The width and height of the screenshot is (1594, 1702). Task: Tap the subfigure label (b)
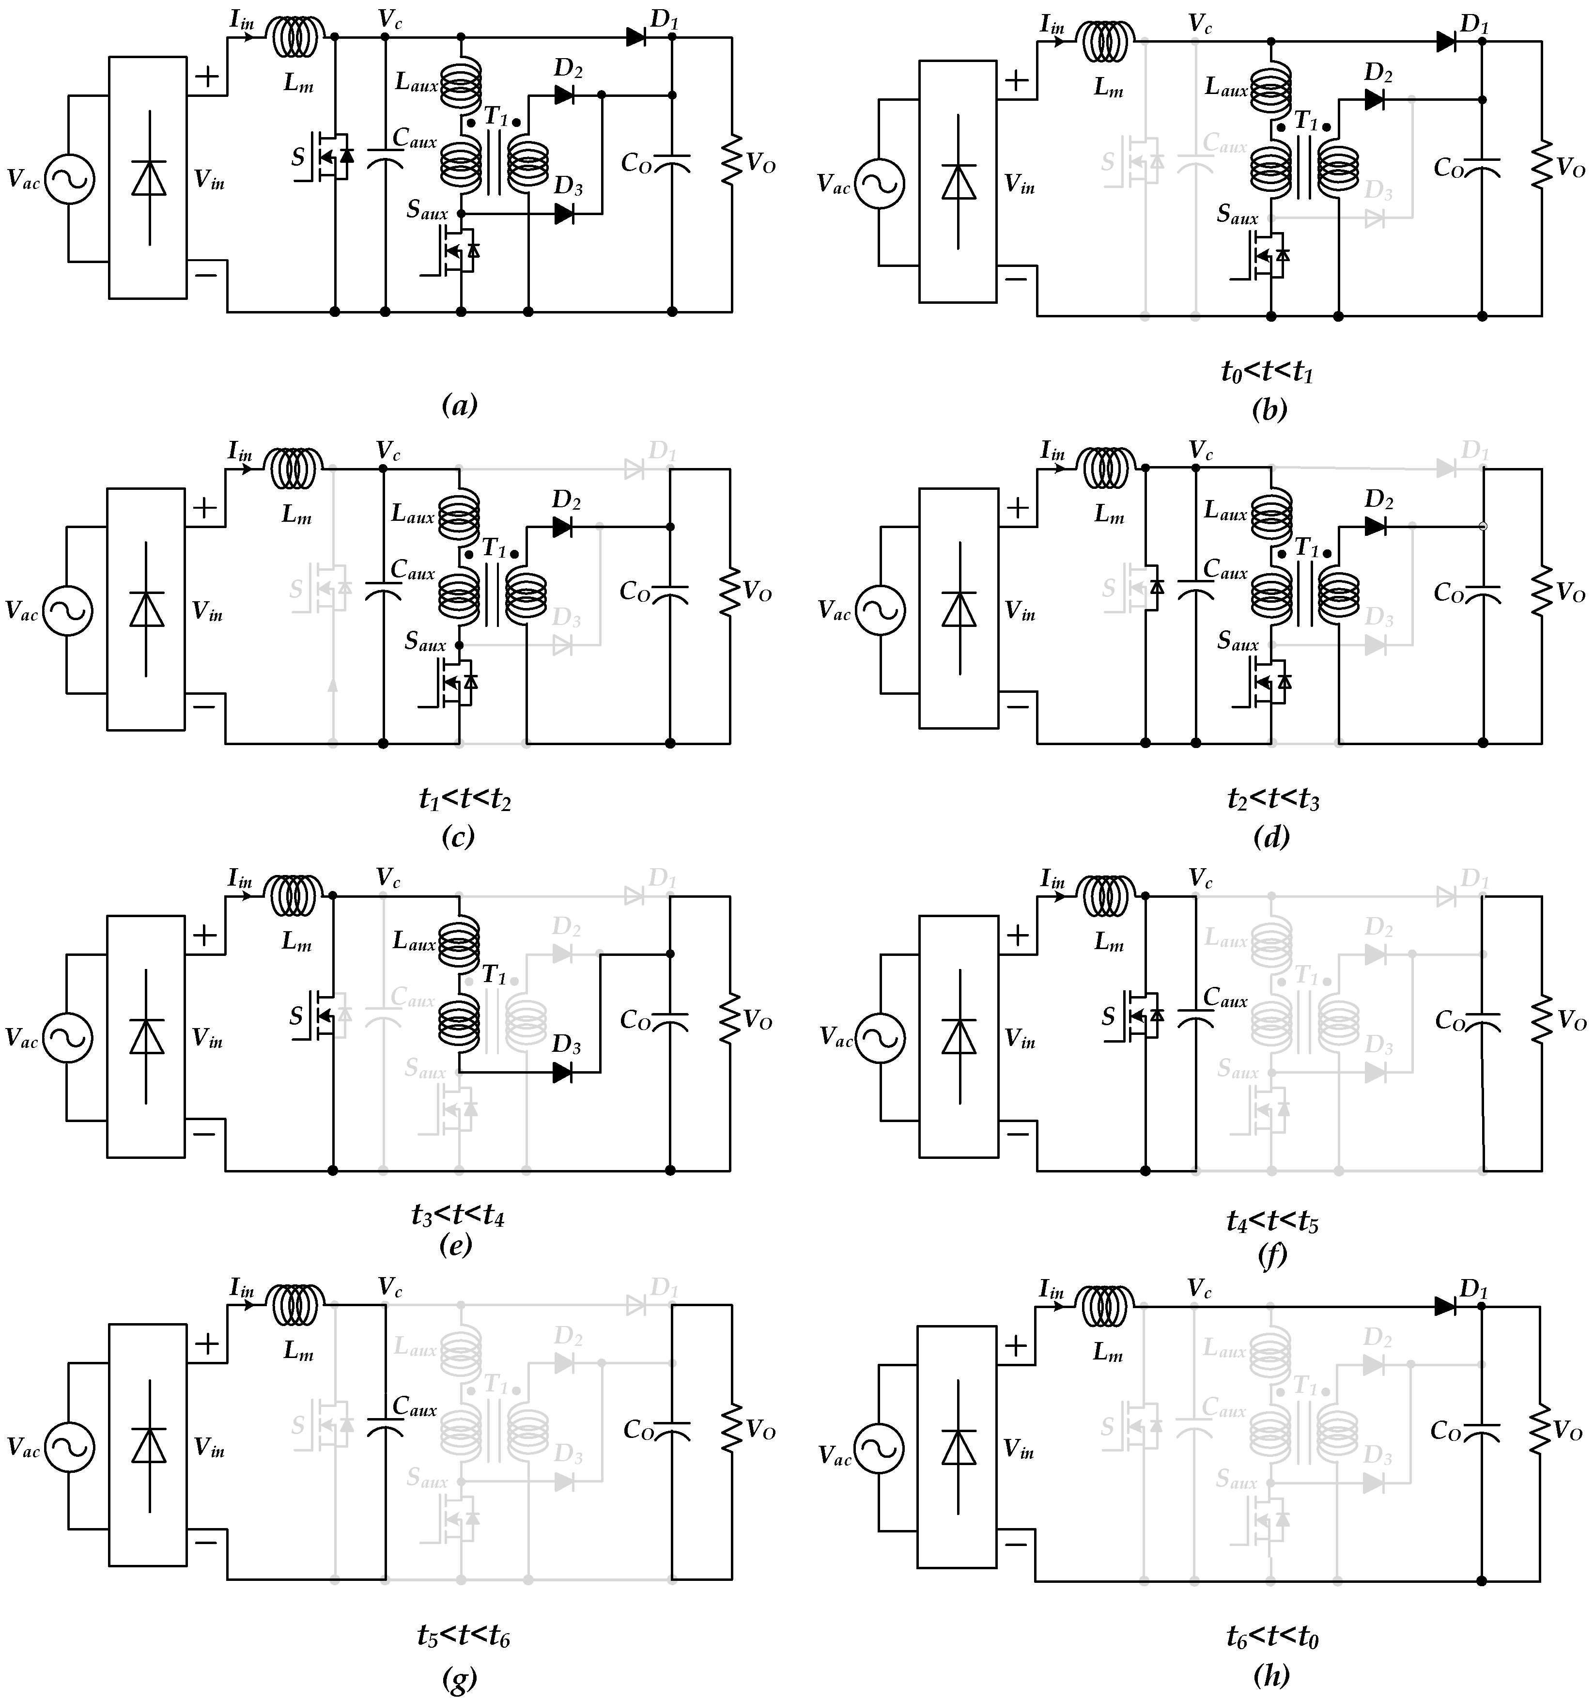[1269, 409]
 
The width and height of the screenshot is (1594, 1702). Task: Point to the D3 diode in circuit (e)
[562, 1072]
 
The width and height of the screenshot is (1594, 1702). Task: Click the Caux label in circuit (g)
[414, 1406]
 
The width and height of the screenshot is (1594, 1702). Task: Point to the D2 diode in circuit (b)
[1375, 99]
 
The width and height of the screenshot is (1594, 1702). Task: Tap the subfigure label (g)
[460, 1680]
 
